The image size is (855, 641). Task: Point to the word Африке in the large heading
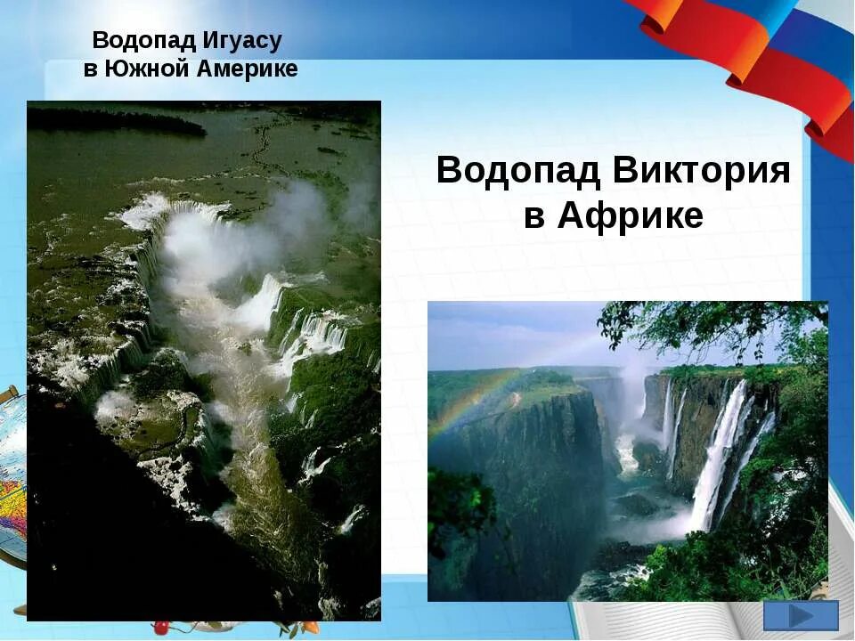tap(631, 215)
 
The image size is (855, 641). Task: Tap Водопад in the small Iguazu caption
tap(140, 41)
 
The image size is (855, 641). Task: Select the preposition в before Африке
tap(533, 215)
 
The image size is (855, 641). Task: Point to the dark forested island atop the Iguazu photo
tap(116, 122)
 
